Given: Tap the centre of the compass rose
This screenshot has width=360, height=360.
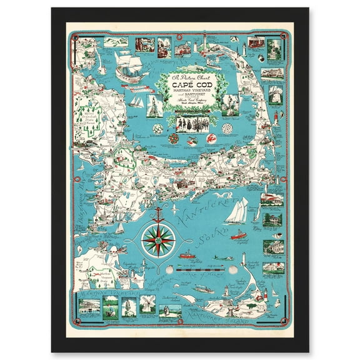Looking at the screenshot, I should [157, 239].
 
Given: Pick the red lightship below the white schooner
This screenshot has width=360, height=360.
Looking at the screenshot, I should [238, 236].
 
